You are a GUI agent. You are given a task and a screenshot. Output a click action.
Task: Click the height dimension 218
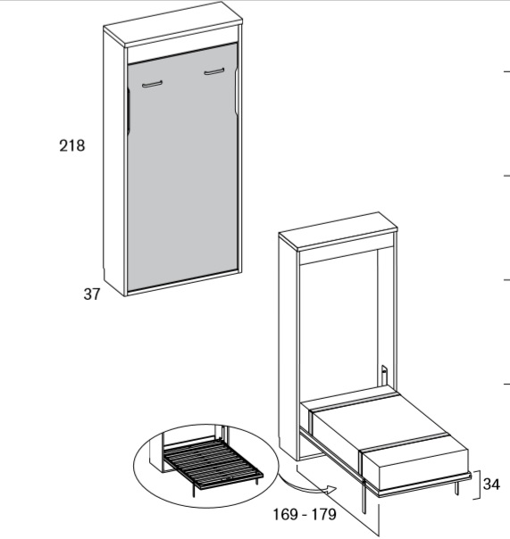(72, 145)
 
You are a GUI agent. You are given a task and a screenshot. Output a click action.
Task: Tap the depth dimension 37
(92, 294)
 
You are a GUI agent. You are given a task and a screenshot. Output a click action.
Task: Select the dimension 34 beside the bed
(491, 484)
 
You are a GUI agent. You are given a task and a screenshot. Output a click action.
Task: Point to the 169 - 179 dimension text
(305, 515)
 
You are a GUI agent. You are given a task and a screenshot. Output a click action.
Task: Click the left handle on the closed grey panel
(152, 84)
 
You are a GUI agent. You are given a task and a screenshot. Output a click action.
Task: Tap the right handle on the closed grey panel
(214, 71)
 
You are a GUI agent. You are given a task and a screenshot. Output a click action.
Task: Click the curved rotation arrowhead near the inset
(330, 490)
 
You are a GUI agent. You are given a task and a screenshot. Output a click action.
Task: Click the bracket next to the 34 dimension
(478, 485)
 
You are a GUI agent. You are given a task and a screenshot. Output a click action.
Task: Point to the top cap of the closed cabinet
(173, 25)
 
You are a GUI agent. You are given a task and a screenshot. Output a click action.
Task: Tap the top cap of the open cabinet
(338, 230)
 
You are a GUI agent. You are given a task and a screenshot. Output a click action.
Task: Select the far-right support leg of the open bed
(456, 487)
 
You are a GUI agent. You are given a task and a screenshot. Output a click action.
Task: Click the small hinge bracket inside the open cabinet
(384, 375)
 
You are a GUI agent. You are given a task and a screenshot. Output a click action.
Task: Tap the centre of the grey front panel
(182, 169)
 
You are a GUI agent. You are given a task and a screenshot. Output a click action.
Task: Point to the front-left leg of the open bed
(364, 495)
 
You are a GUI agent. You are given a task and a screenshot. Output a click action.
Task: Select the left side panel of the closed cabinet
(114, 162)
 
